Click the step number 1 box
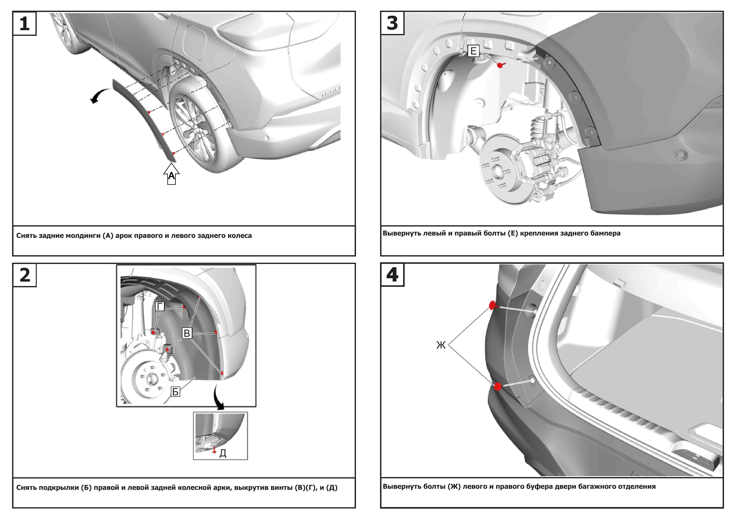(24, 23)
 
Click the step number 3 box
(392, 23)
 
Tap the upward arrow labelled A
(172, 175)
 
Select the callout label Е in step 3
(473, 51)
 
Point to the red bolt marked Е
(500, 65)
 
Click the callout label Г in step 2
(160, 307)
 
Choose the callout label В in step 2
(187, 333)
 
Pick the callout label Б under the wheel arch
(175, 392)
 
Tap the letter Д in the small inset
(223, 453)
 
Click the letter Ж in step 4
(441, 345)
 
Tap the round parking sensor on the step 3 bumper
(681, 155)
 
